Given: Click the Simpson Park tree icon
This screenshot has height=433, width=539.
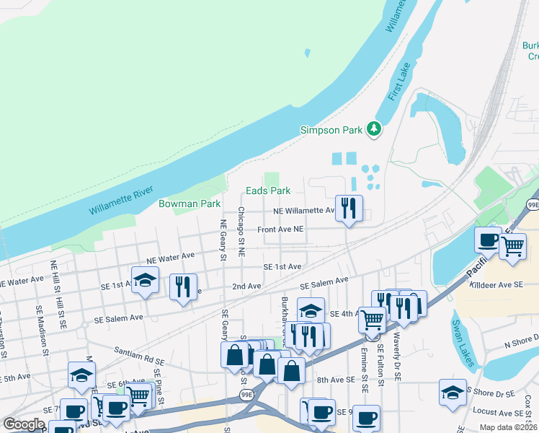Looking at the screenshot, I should (x=373, y=129).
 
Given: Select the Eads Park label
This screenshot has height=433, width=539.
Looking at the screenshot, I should (x=267, y=191).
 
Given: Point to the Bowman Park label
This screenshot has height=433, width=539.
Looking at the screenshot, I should (x=190, y=204).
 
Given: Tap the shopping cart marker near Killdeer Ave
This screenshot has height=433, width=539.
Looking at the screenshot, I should (x=512, y=245).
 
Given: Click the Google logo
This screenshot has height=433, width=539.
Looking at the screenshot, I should (x=24, y=424).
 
